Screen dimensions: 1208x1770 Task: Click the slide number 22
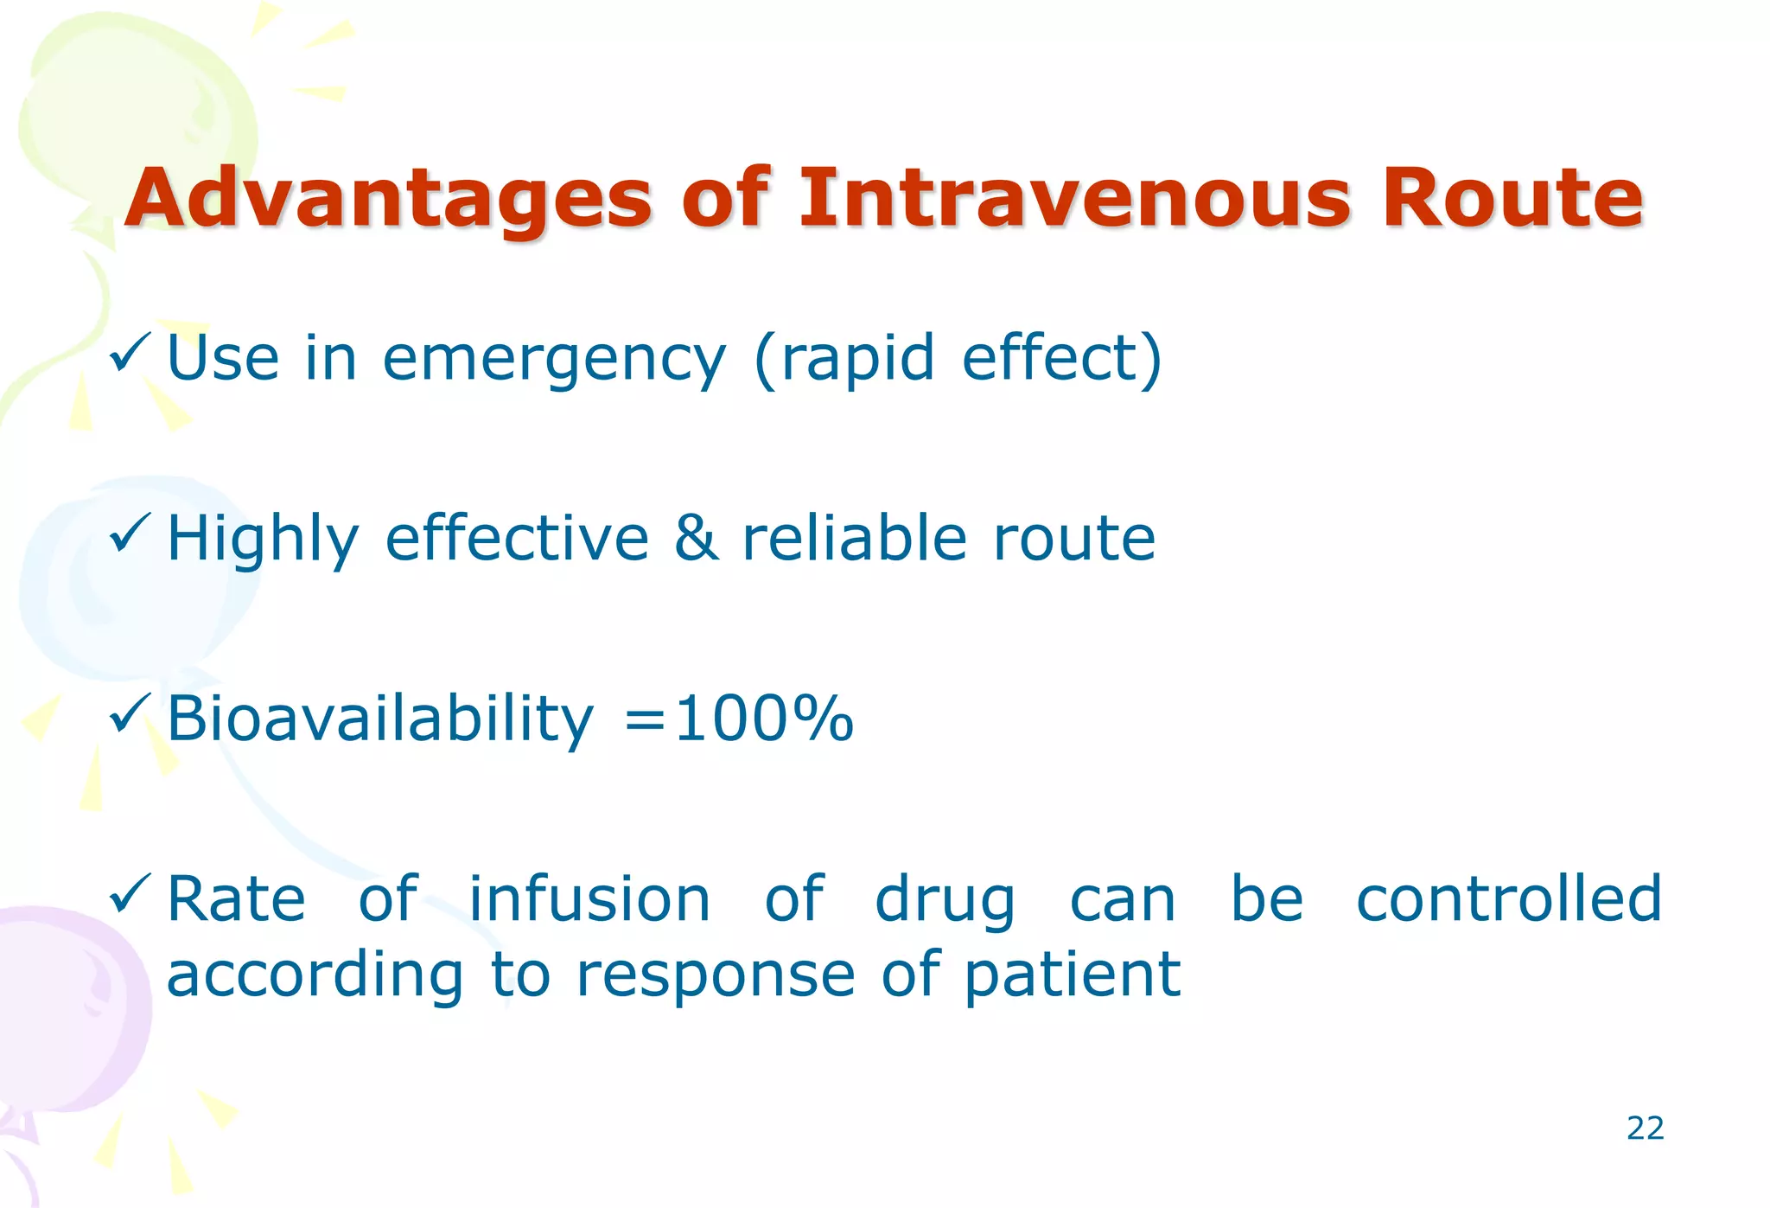click(1645, 1128)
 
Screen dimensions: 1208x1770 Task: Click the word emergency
click(554, 360)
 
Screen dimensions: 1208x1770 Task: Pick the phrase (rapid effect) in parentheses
click(958, 358)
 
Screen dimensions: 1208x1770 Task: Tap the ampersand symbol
click(696, 538)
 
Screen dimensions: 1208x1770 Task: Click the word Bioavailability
click(380, 719)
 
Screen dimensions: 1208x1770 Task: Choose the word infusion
click(589, 899)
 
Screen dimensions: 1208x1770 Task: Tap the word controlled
click(1508, 899)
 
